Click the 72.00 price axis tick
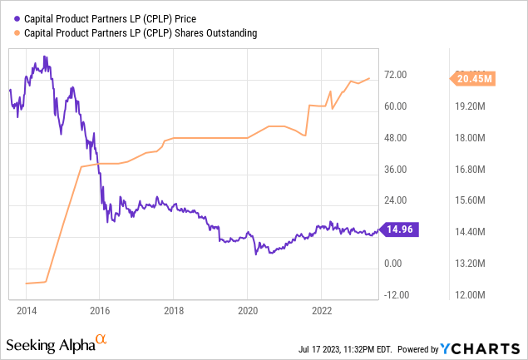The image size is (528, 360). tap(396, 75)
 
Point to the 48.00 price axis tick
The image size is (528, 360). tap(396, 138)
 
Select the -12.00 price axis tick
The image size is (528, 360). tap(397, 295)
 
